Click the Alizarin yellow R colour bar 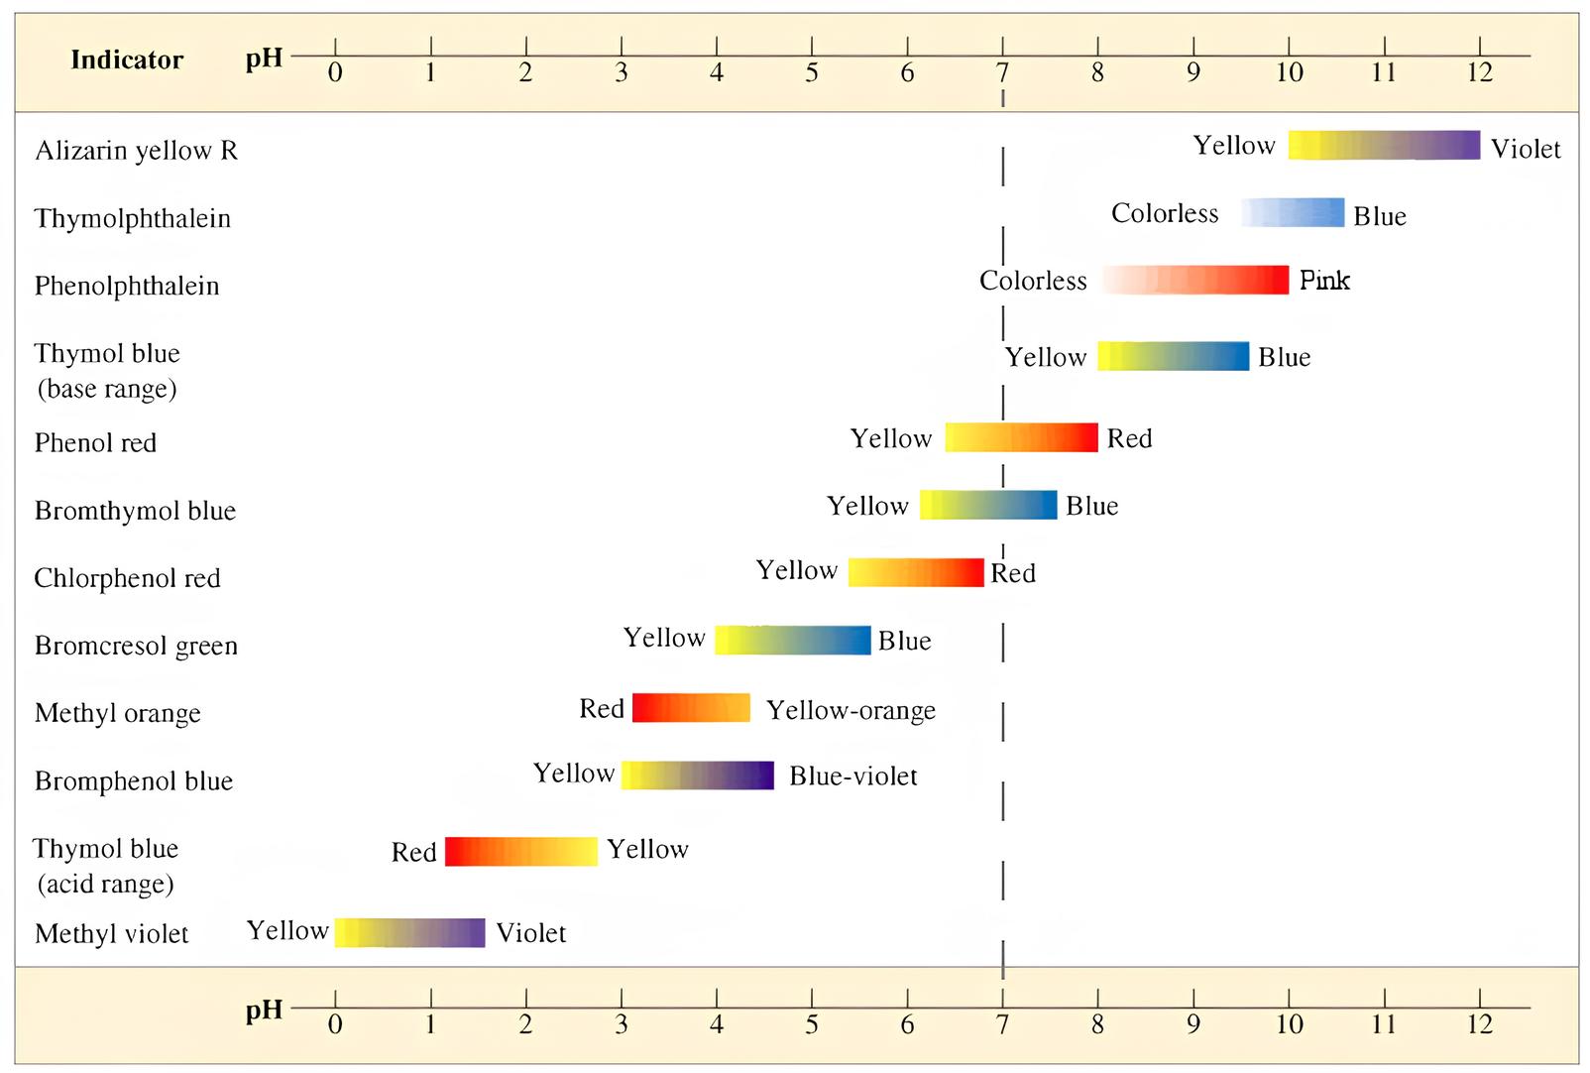tap(1384, 145)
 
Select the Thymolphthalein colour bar tap(1293, 212)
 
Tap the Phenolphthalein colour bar tap(1195, 280)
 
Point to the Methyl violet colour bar tap(409, 932)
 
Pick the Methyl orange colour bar tap(691, 708)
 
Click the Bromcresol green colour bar tap(792, 640)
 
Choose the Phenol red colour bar tap(1021, 437)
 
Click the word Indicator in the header tap(127, 60)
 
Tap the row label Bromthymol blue tap(135, 511)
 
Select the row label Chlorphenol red tap(127, 578)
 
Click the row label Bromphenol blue tap(134, 781)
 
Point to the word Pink tap(1324, 281)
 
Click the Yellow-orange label tap(851, 710)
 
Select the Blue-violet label tap(852, 775)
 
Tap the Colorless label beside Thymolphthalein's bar tap(1165, 213)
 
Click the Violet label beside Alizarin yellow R tap(1526, 149)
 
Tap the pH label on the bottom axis tap(264, 1011)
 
